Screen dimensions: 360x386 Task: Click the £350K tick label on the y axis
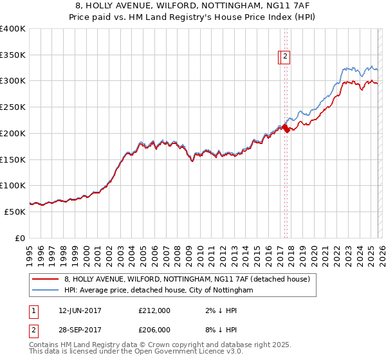[13, 55]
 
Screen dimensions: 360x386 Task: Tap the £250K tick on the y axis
[13, 107]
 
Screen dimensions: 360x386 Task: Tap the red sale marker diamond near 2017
[285, 127]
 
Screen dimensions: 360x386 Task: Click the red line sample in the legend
[46, 279]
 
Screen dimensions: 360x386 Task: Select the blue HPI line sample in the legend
[46, 291]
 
